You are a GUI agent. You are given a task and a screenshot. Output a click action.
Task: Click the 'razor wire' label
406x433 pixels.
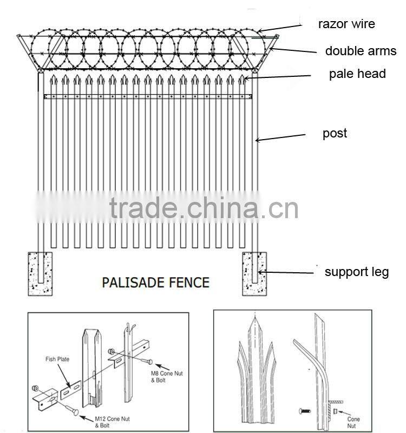coord(346,24)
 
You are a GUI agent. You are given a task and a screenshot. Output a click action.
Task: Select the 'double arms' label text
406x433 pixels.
coord(361,51)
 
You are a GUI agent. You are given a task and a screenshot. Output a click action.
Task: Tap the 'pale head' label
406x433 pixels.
coord(357,74)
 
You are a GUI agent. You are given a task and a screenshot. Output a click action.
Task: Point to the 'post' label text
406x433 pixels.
coord(335,134)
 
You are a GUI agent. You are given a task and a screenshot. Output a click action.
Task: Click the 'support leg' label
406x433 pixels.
coord(356,272)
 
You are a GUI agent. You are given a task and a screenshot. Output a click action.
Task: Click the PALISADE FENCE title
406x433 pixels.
coord(156,282)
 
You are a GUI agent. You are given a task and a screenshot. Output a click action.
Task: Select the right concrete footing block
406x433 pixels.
coord(254,273)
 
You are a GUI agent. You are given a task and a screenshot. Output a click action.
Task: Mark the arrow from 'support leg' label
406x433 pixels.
coord(287,273)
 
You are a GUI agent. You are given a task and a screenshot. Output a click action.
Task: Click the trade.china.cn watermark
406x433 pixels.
coord(203,208)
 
